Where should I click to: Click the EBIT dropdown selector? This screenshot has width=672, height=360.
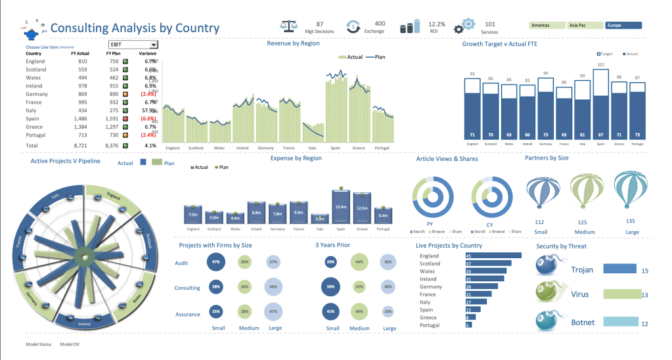[134, 45]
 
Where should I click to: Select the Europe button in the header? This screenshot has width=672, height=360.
[623, 26]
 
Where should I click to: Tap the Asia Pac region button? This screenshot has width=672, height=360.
[585, 26]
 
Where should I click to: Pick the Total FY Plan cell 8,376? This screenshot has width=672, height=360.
[111, 145]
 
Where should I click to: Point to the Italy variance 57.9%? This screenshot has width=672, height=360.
[147, 110]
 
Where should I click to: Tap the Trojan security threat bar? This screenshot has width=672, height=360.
[619, 269]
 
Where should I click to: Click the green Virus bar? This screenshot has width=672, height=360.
[621, 294]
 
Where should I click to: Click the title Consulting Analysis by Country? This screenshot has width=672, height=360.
[135, 28]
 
